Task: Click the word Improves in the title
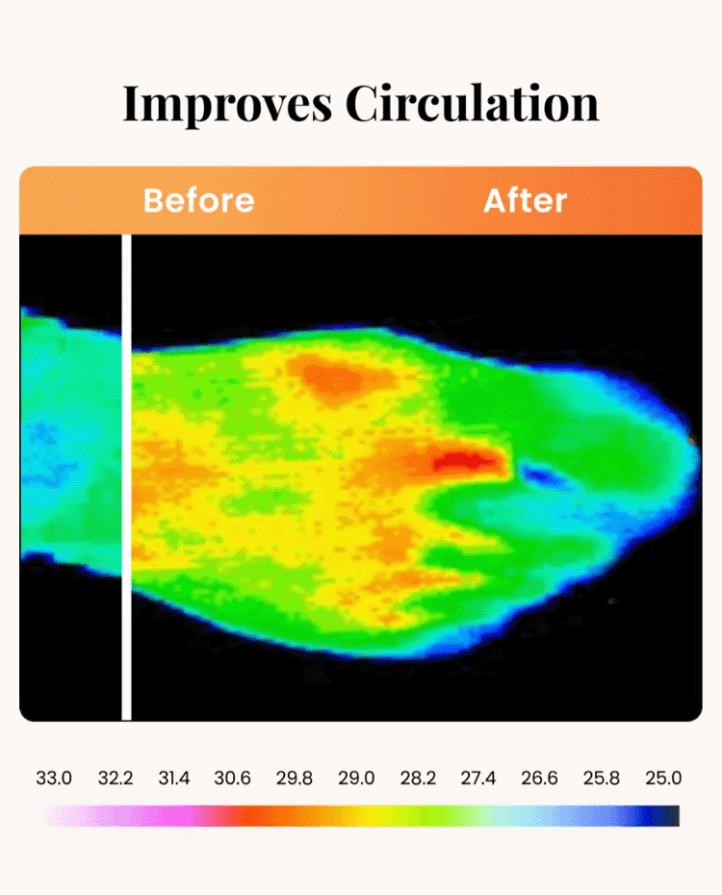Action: tap(228, 104)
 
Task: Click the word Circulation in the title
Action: tap(473, 104)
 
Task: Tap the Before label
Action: tap(198, 200)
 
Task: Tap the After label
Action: tap(525, 200)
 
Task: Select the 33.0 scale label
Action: tap(54, 778)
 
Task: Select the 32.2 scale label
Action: tap(115, 778)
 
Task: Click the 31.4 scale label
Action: tap(174, 778)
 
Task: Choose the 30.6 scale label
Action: tap(233, 778)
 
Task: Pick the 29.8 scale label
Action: tap(294, 778)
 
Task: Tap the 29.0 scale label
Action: tap(356, 778)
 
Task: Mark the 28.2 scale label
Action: tap(417, 778)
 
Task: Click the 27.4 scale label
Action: tap(477, 778)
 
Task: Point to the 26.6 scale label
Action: tap(539, 778)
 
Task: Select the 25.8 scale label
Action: tap(601, 778)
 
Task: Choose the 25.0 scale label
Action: tap(663, 778)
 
